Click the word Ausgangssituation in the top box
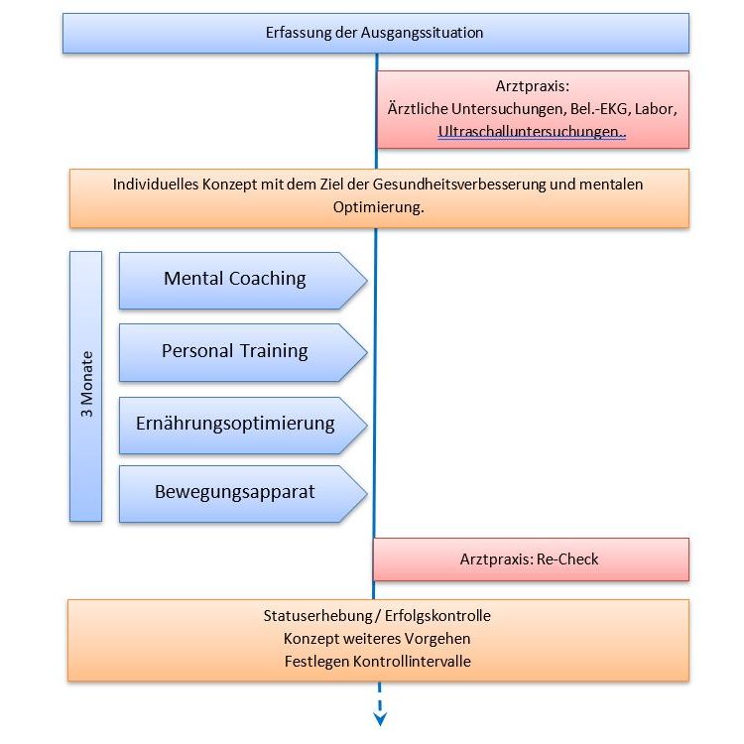point(422,33)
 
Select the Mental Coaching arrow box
point(243,281)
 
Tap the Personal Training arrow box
point(243,352)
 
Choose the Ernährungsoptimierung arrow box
point(243,426)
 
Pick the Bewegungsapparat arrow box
point(243,494)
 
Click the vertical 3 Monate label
point(86,384)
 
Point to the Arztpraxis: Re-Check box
point(531,559)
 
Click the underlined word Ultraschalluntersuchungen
point(531,131)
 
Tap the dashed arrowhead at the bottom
point(380,718)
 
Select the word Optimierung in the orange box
point(378,207)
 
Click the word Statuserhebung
point(317,615)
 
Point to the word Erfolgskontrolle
point(437,615)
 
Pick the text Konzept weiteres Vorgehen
point(377,639)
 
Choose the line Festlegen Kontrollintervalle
point(378,662)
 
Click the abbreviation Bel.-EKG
point(599,109)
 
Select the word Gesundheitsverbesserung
point(459,185)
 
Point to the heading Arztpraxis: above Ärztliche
point(533,86)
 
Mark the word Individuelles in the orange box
point(156,185)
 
